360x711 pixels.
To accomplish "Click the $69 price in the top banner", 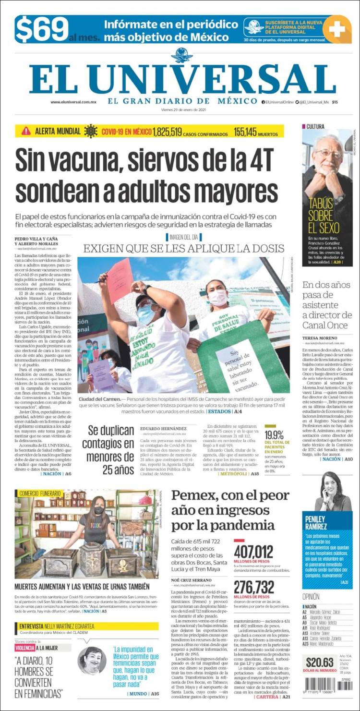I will pyautogui.click(x=42, y=30).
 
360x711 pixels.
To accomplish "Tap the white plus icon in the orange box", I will pyautogui.click(x=337, y=29).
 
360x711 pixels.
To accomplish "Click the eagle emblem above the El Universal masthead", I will pyautogui.click(x=181, y=55).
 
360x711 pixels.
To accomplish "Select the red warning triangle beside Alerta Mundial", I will pyautogui.click(x=26, y=131).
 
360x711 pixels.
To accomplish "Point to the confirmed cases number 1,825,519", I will pyautogui.click(x=167, y=132).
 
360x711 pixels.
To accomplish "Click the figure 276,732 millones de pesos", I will pyautogui.click(x=253, y=587).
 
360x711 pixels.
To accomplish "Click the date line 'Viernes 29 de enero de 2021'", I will pyautogui.click(x=180, y=108).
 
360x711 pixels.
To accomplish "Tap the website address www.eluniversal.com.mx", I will pyautogui.click(x=73, y=102).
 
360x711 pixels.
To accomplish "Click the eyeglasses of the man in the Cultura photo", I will pyautogui.click(x=329, y=153).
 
